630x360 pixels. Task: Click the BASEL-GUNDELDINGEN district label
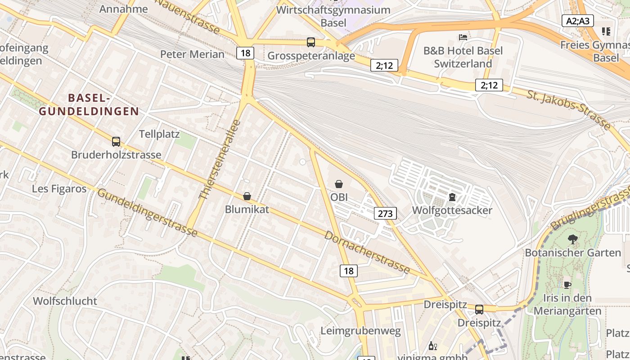[89, 104]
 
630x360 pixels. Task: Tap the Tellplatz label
[159, 134]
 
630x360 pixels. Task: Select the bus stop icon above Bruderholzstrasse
[116, 142]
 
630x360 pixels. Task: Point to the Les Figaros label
[59, 189]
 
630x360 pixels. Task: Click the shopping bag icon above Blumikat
[247, 196]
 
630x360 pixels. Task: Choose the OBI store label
[339, 197]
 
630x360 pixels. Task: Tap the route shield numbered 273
[385, 213]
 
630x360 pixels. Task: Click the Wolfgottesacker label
[452, 210]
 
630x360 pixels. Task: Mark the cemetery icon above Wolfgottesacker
[452, 197]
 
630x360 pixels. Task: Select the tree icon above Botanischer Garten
[572, 239]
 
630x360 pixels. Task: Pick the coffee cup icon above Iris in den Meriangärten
[567, 284]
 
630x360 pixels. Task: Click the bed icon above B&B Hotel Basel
[463, 37]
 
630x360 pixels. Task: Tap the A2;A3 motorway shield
[578, 21]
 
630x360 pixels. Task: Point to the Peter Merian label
[192, 54]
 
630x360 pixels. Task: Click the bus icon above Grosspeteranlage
[310, 42]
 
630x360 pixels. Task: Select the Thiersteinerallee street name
[220, 160]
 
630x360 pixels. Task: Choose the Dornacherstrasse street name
[367, 252]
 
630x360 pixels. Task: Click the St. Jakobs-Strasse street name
[569, 109]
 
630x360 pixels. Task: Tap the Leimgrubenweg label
[360, 331]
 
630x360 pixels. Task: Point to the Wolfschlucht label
[65, 301]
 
